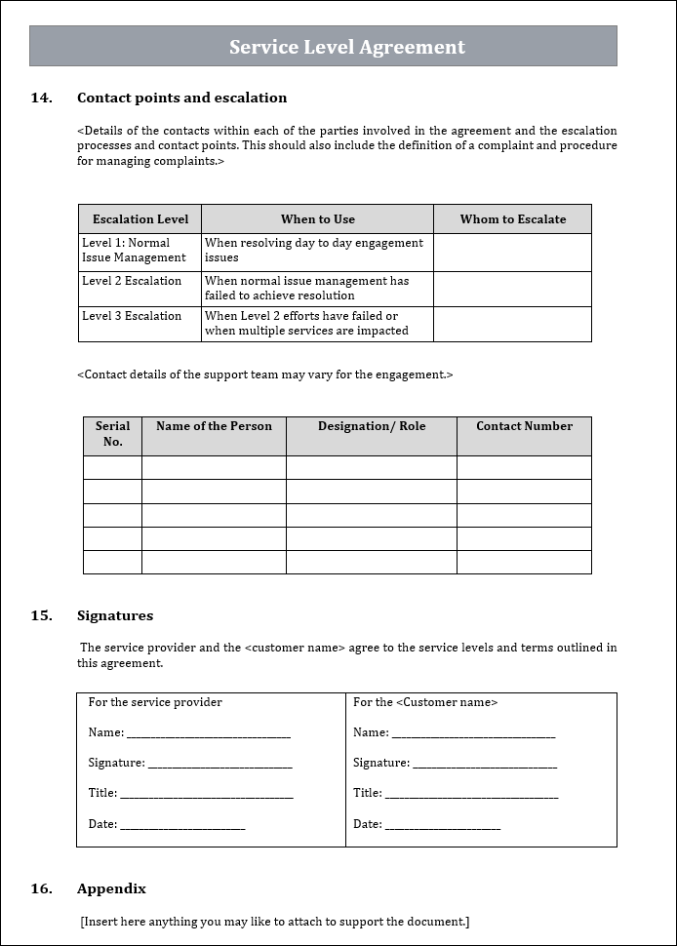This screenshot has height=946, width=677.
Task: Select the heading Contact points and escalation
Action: point(181,98)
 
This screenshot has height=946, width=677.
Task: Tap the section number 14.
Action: point(41,98)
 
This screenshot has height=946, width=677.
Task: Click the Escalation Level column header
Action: point(139,219)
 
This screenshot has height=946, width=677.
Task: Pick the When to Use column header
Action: point(318,219)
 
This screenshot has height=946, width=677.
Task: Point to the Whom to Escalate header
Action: point(513,219)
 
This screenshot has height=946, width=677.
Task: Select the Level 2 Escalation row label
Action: point(132,281)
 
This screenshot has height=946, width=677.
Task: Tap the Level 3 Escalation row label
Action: point(132,316)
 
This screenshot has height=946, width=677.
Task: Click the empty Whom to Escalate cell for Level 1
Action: point(512,252)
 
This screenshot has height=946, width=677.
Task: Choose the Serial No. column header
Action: point(113,434)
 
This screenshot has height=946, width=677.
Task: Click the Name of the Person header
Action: point(214,426)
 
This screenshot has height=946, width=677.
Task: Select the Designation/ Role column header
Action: point(372,426)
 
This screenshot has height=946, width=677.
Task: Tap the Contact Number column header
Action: point(524,426)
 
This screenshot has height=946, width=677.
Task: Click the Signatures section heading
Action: point(115,615)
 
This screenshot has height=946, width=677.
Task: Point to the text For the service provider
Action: point(155,702)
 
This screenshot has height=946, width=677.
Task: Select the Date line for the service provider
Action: point(182,826)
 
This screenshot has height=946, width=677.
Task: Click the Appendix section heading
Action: point(111,888)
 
